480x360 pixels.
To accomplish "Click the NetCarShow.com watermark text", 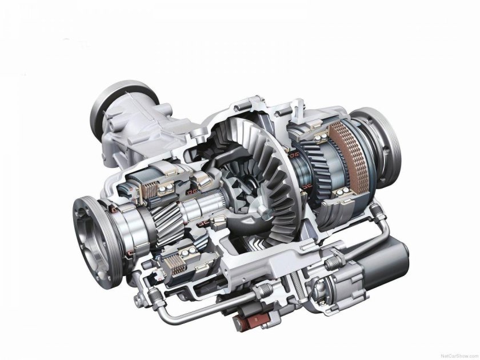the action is tap(459, 357).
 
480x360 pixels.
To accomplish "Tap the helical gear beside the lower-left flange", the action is tap(166, 224).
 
